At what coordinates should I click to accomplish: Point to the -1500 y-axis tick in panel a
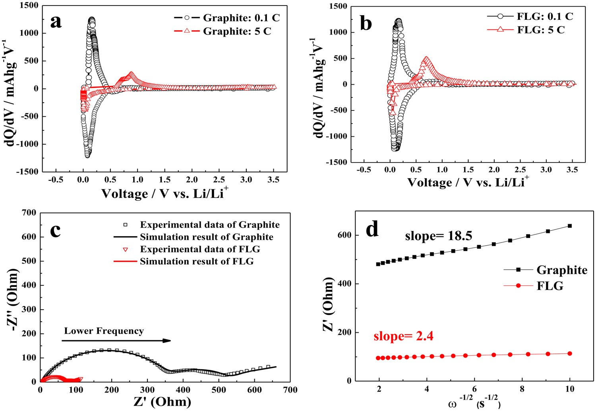(27, 172)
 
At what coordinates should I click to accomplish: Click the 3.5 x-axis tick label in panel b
(571, 170)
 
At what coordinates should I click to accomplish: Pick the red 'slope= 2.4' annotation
(403, 336)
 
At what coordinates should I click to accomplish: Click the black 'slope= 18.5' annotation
(438, 236)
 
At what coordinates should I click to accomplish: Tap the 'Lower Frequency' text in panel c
(104, 331)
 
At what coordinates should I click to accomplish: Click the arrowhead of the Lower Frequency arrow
(167, 341)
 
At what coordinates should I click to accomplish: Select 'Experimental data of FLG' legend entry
(200, 249)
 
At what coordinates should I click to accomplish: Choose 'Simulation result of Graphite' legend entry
(206, 237)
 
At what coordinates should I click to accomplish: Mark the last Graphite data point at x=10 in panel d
(569, 226)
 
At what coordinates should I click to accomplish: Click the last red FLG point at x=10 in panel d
(569, 353)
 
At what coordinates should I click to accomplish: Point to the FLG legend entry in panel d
(550, 286)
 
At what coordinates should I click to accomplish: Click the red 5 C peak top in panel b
(426, 59)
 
